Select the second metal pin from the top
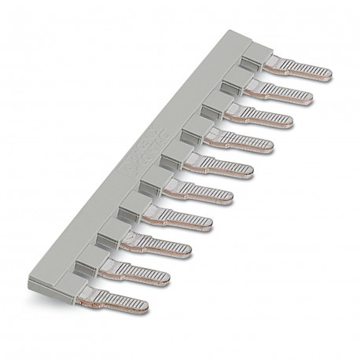[288, 96]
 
